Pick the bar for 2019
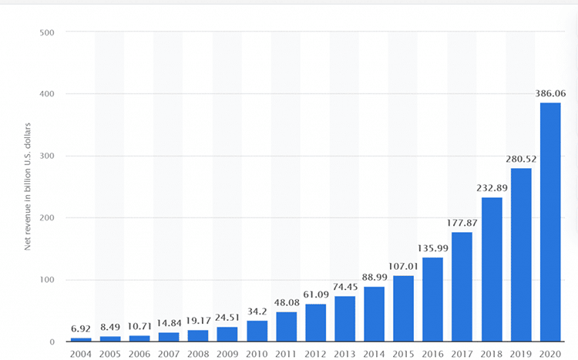tap(521, 254)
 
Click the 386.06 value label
tap(550, 93)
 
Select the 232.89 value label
tap(492, 188)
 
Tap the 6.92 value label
tap(81, 328)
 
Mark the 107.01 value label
tap(404, 266)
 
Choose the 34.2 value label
tap(257, 311)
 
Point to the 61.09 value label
tap(316, 294)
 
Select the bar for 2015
tap(404, 308)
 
